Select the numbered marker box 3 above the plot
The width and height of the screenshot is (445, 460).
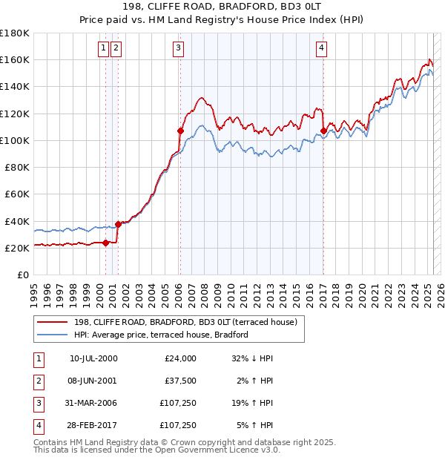[179, 48]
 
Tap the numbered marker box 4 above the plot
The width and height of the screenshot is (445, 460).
[322, 48]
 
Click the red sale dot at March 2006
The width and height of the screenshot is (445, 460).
[180, 131]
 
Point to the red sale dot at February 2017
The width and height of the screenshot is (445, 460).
[323, 131]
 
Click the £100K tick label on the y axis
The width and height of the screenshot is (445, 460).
[14, 140]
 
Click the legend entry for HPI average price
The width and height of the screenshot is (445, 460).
[160, 335]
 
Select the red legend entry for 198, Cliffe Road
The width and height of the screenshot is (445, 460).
[185, 322]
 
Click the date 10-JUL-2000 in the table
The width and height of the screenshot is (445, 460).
[93, 358]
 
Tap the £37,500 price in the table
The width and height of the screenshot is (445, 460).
[181, 381]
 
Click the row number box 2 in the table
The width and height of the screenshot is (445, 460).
[39, 381]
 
